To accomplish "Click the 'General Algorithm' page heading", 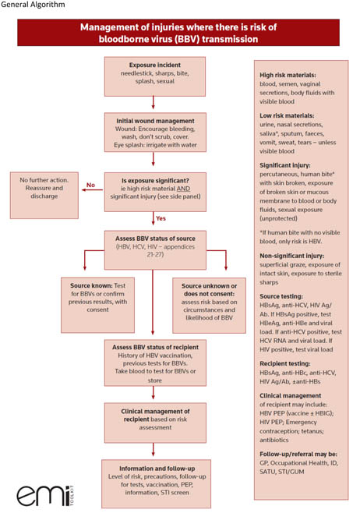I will point(33,6).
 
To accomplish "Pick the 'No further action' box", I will point(43,189).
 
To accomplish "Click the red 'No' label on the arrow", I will point(90,186).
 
